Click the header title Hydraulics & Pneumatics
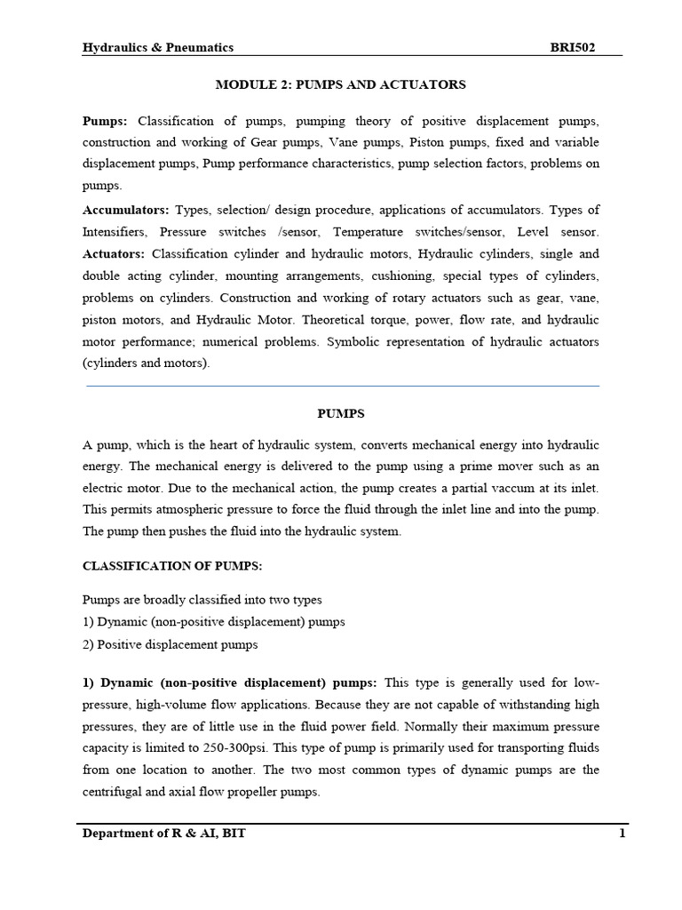point(158,47)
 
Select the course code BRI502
point(573,47)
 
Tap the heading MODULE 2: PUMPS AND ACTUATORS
point(341,84)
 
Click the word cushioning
point(451,275)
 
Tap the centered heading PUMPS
point(341,413)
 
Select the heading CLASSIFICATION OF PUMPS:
point(172,564)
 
